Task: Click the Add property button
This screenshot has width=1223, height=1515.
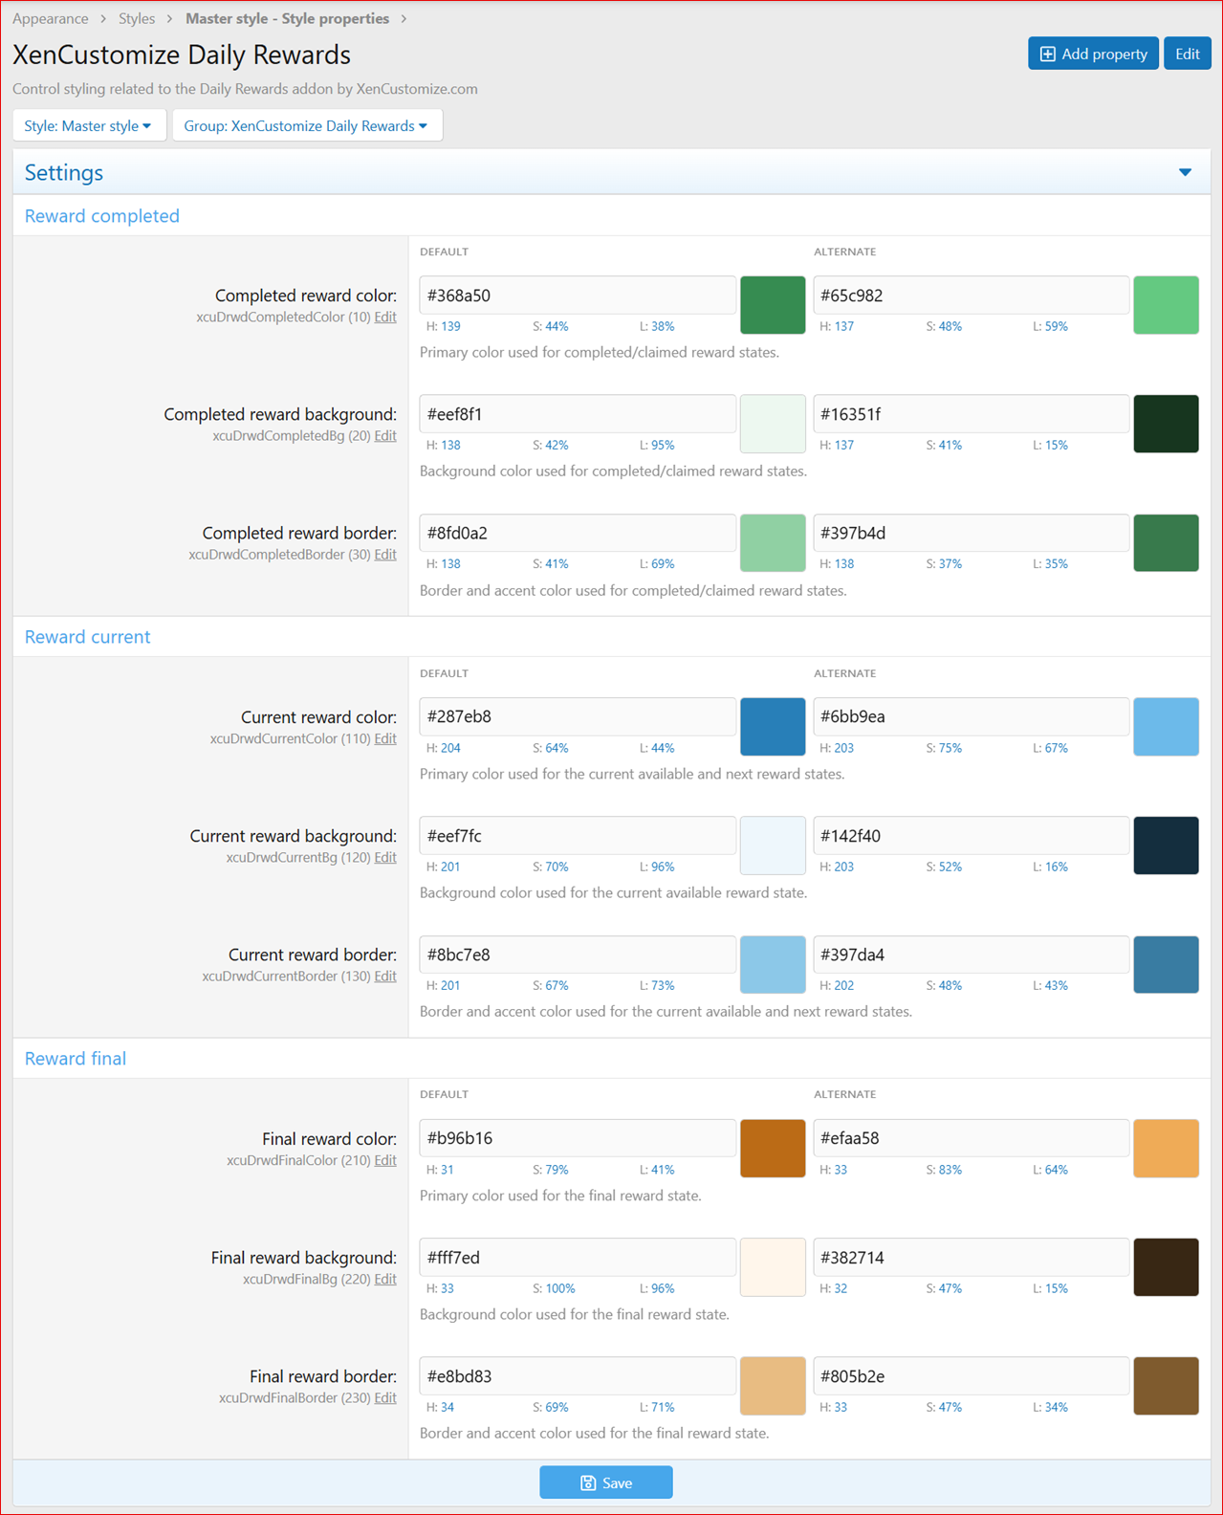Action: click(1093, 55)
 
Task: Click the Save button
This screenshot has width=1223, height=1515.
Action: click(606, 1482)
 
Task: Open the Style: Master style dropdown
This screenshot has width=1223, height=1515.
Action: click(89, 126)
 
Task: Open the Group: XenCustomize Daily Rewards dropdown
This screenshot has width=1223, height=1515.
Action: click(307, 126)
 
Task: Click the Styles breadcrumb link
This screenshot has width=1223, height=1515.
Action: click(137, 18)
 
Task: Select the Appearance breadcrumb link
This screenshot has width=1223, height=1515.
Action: click(51, 18)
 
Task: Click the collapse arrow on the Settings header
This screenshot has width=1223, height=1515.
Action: click(1185, 172)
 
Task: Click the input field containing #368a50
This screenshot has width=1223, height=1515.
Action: click(578, 296)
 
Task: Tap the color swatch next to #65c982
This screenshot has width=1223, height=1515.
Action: click(1166, 305)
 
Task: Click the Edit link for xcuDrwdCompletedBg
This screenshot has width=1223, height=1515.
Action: click(385, 436)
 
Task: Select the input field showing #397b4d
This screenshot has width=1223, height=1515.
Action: click(972, 533)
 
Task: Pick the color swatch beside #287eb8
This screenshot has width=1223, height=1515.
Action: click(773, 726)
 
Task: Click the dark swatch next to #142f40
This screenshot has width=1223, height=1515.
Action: click(1166, 845)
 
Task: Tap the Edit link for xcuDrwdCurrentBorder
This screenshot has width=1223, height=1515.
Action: click(385, 976)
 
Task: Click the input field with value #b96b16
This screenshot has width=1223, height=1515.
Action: click(578, 1138)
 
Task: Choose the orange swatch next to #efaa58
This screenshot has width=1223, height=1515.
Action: click(1166, 1148)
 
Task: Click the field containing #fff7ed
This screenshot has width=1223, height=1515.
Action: click(578, 1257)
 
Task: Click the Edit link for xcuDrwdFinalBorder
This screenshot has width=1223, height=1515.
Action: click(385, 1397)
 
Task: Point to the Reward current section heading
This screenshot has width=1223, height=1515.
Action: click(87, 637)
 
